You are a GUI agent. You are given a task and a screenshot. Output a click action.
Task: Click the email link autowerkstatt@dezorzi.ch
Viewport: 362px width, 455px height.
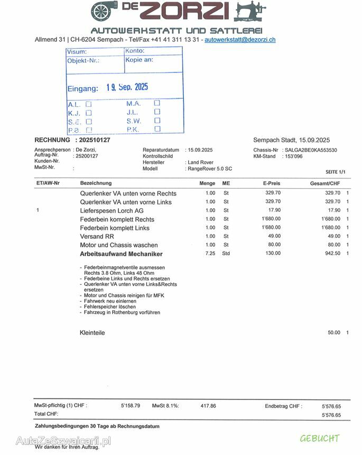click(240, 40)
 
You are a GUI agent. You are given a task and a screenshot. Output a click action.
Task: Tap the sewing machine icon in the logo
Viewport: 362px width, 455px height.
click(251, 12)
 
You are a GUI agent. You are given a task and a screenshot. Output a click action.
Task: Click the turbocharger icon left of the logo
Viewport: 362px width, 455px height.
click(105, 11)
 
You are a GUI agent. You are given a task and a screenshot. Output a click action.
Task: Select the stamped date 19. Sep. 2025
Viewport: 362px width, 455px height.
click(127, 87)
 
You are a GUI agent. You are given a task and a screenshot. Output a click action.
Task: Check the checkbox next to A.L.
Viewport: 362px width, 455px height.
click(89, 104)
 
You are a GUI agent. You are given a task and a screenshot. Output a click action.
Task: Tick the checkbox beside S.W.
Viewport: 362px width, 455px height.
click(157, 120)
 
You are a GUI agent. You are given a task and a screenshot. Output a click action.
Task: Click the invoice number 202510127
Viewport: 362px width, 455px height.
click(94, 140)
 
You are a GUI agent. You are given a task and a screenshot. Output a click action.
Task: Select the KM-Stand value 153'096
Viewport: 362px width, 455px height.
click(293, 156)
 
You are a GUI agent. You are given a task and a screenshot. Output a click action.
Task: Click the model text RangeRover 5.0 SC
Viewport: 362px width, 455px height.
click(210, 169)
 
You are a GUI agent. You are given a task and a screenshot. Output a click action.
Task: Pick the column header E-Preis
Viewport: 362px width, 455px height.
click(271, 183)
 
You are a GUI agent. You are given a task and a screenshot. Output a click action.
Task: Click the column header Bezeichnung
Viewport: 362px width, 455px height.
click(96, 183)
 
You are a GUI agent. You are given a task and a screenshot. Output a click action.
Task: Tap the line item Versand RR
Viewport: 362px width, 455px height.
click(97, 236)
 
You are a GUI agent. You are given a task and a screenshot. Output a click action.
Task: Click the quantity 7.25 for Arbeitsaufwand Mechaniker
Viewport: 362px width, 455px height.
click(210, 254)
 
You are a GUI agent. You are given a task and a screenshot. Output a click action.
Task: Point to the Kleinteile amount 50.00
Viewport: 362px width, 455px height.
click(334, 332)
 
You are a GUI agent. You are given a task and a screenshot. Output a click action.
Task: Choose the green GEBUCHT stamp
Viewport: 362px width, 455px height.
click(319, 439)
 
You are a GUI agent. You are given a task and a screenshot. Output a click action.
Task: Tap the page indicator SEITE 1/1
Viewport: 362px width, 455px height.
click(336, 172)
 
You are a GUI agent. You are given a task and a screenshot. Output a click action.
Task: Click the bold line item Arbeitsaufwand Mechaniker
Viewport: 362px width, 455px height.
click(121, 254)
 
